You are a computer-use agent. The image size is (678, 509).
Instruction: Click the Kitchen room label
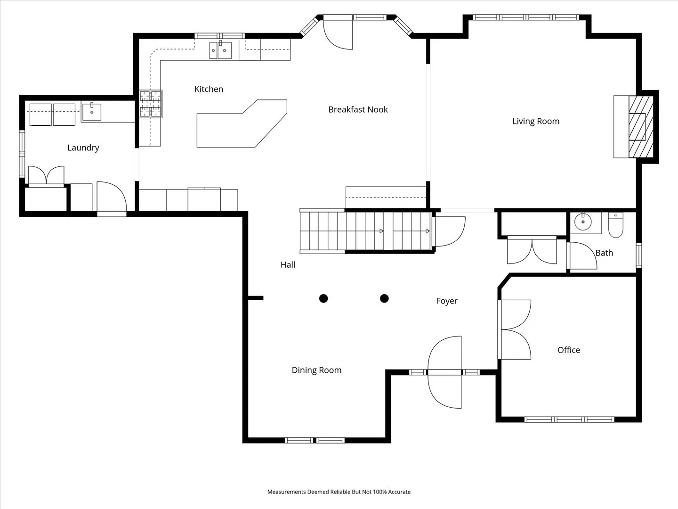click(x=209, y=89)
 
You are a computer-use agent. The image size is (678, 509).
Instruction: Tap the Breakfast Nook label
click(x=358, y=109)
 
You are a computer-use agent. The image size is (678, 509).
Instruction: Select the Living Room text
click(x=536, y=121)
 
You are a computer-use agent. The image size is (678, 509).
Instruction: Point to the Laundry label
click(x=83, y=148)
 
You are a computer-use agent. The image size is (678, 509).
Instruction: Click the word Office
click(x=569, y=350)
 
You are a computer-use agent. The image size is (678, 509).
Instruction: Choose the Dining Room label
click(x=316, y=370)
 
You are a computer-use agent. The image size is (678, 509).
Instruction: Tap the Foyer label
click(x=447, y=301)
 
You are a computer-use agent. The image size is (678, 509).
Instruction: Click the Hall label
click(x=288, y=264)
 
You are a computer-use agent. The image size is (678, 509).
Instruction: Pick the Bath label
click(x=604, y=253)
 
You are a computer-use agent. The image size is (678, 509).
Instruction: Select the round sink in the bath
click(x=583, y=222)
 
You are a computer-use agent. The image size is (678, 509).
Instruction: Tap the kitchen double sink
click(x=220, y=50)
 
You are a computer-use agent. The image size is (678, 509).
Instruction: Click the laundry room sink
click(x=91, y=112)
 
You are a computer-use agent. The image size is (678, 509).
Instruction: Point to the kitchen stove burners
click(x=151, y=104)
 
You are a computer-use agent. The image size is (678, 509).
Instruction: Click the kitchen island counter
click(x=242, y=123)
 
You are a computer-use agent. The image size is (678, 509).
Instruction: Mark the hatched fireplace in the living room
click(x=641, y=127)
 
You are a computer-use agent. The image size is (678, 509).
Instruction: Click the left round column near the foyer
click(x=323, y=298)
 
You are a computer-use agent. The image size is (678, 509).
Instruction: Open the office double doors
click(x=515, y=329)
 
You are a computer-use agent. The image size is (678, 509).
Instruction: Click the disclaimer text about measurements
click(x=339, y=492)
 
